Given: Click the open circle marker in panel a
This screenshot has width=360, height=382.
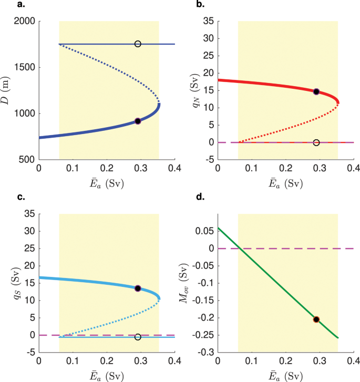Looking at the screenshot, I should coord(138,44).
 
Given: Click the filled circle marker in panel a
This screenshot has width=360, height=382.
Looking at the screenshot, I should coord(138,121).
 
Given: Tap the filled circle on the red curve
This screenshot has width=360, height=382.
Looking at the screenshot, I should coord(316,91).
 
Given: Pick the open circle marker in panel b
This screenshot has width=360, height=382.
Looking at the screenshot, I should coord(316,142).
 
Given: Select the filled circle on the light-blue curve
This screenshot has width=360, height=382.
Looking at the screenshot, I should coord(138,288).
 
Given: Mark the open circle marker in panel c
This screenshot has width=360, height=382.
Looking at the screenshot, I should coord(138,337).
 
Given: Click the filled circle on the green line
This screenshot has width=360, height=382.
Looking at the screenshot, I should coord(316,319).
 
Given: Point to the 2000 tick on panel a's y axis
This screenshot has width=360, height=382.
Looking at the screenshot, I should coord(25,21).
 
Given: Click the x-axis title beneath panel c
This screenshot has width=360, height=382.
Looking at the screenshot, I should coord(107,376).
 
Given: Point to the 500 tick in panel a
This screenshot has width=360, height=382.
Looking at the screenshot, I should coord(27,159).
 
